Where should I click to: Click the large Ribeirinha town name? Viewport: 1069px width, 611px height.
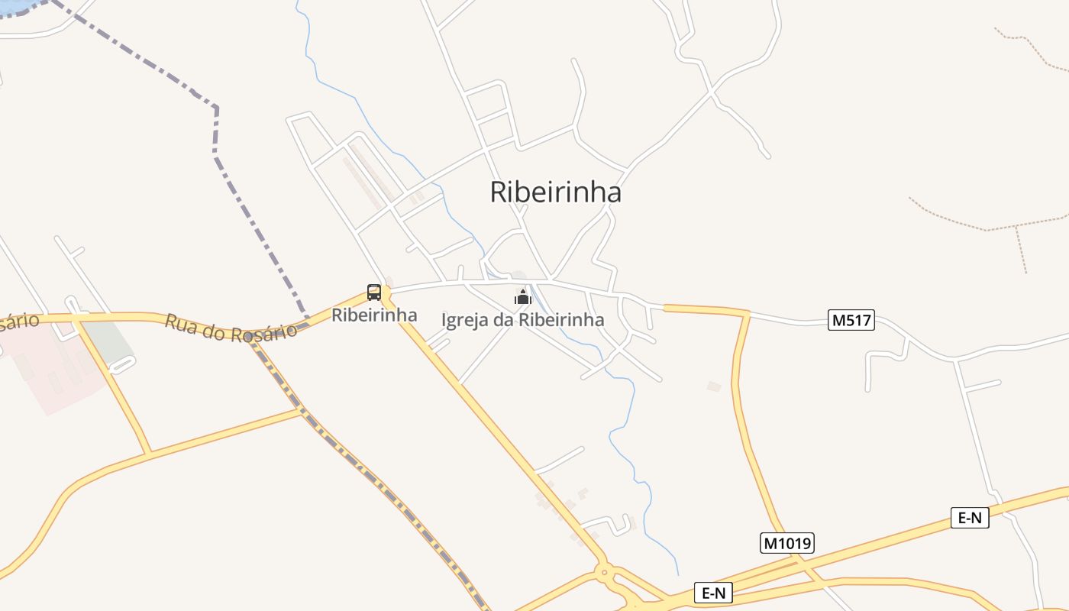[x=555, y=192]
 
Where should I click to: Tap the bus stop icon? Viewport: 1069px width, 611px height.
[x=374, y=292]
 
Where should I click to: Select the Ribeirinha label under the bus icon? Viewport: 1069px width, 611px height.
[x=374, y=315]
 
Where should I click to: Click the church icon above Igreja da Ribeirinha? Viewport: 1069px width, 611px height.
[x=523, y=296]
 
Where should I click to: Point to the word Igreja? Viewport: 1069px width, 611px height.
[x=464, y=320]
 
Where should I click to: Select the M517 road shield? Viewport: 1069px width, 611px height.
[x=851, y=320]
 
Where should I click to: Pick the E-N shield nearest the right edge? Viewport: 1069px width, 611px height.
[x=970, y=518]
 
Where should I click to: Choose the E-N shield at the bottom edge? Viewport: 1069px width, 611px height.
[x=713, y=593]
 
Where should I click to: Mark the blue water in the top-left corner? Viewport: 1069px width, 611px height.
[x=15, y=6]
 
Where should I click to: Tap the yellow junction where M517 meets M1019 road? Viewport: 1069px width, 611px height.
[x=747, y=313]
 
